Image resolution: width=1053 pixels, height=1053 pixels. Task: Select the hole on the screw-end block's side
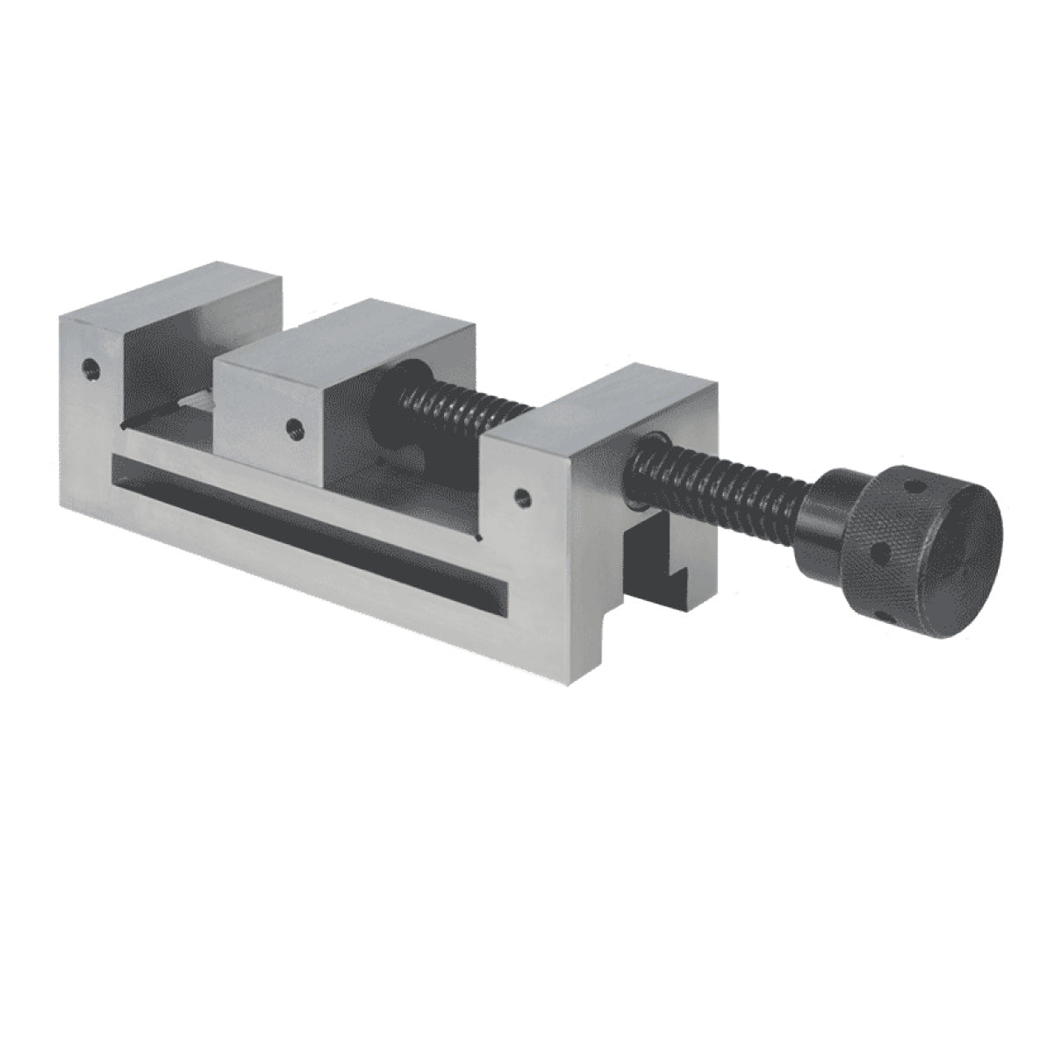pyautogui.click(x=524, y=498)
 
